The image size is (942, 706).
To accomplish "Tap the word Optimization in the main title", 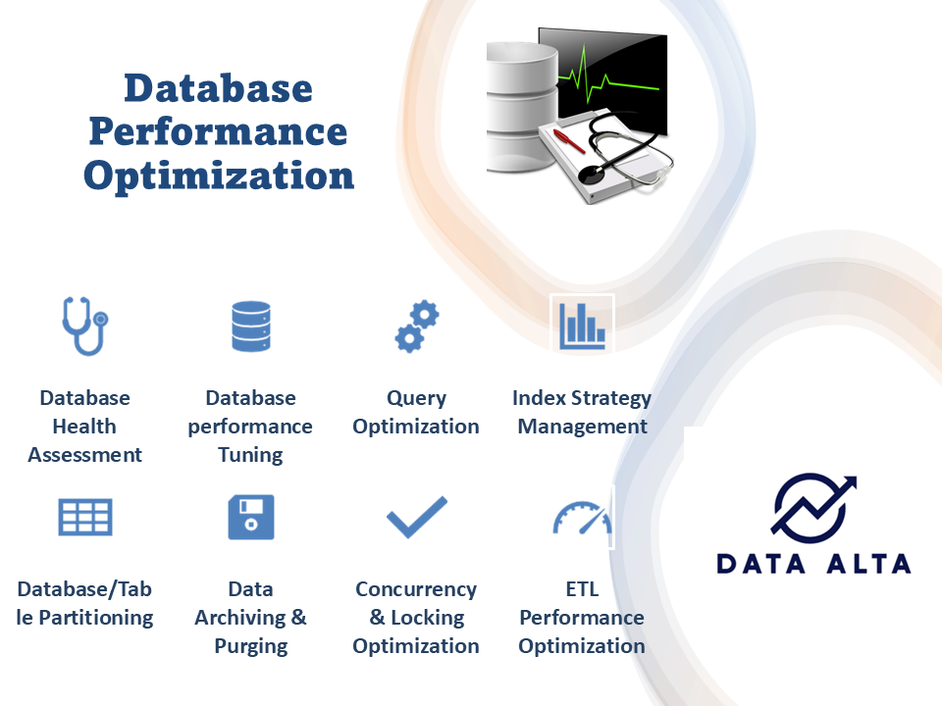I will click(x=218, y=175).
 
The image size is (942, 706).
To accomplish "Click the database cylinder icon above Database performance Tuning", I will click(x=251, y=327).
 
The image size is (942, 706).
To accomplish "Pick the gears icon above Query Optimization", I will click(x=417, y=328).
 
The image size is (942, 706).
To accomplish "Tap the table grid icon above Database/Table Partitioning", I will click(x=85, y=516).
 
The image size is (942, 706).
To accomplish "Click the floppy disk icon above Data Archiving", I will click(x=251, y=517).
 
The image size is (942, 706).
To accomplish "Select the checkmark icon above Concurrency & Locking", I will click(x=417, y=517).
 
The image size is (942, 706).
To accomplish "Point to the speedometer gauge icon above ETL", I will click(x=582, y=518).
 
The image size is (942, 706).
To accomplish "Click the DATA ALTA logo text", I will click(x=813, y=563).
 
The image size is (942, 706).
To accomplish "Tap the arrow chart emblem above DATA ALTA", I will click(x=812, y=508).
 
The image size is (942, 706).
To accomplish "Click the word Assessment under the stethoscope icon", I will click(x=84, y=455).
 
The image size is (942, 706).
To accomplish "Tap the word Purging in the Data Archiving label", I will click(x=251, y=646).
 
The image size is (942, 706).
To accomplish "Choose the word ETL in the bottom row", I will click(x=582, y=589).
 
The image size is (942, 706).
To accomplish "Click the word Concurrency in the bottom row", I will click(x=416, y=589).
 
